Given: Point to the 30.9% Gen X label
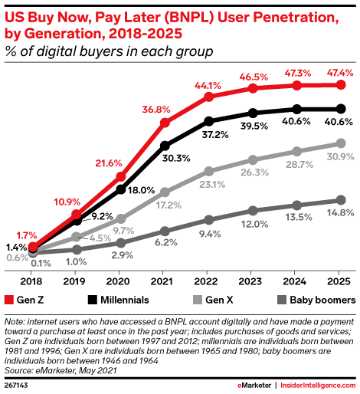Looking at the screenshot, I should pos(340,156).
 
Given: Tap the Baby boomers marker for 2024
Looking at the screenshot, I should pos(295,205).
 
